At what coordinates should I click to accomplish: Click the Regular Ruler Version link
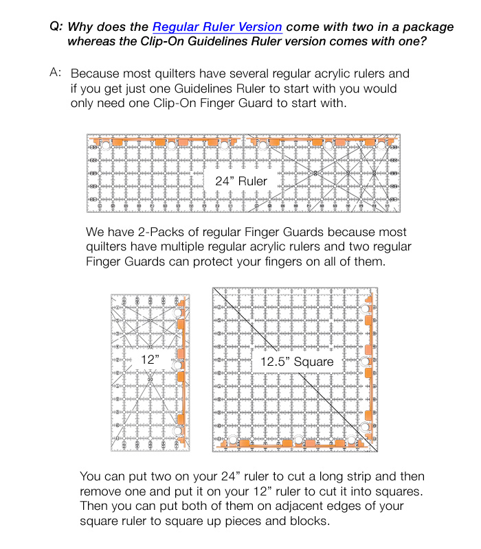pyautogui.click(x=217, y=27)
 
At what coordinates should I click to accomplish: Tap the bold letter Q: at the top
pyautogui.click(x=56, y=27)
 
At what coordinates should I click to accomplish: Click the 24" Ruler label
pyautogui.click(x=240, y=181)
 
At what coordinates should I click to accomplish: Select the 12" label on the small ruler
pyautogui.click(x=149, y=358)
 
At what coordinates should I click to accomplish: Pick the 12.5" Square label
pyautogui.click(x=297, y=361)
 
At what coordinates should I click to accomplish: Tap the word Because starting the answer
pyautogui.click(x=96, y=73)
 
